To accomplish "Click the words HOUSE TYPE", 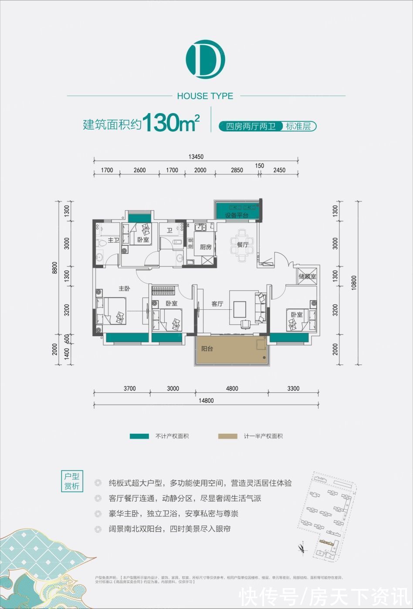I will click(205, 96).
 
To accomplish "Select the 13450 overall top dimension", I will click(196, 157).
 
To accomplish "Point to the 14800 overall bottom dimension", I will click(206, 401).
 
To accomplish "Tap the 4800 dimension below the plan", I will click(232, 388).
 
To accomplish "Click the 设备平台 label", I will click(237, 215).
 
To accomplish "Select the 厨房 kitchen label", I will click(206, 247).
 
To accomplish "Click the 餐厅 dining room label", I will click(243, 245).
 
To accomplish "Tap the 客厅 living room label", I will click(217, 304).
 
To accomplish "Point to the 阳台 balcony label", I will click(207, 348).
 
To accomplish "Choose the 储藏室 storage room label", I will click(308, 276).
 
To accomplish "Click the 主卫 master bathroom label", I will click(113, 240).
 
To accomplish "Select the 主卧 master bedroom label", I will click(125, 288).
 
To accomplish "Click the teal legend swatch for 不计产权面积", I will click(139, 436).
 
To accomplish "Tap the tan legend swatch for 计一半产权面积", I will click(228, 436).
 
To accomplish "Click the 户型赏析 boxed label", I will click(72, 481).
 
